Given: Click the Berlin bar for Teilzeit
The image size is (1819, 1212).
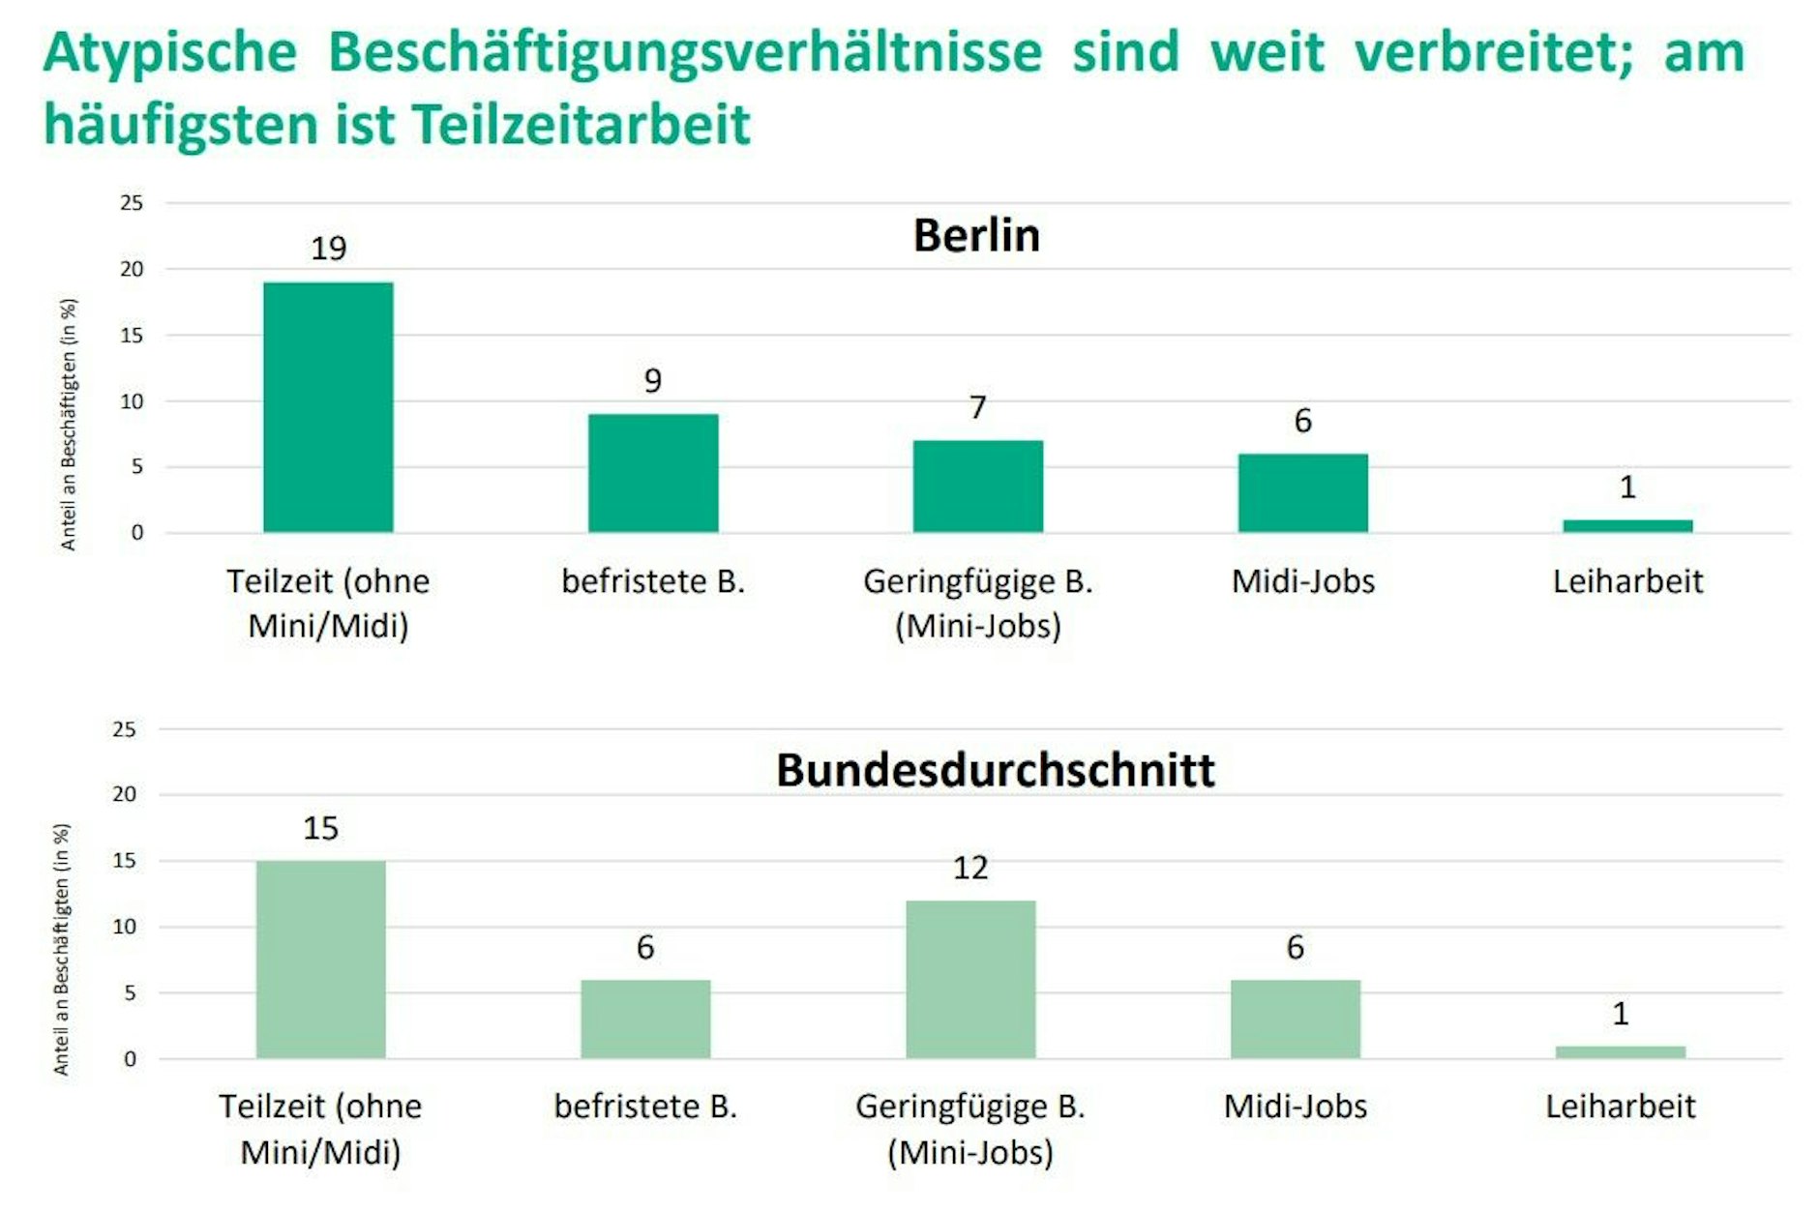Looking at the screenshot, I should [x=328, y=407].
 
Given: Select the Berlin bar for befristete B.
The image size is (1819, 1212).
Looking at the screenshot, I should [x=653, y=473].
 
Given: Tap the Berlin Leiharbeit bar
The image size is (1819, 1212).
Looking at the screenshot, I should [x=1627, y=525].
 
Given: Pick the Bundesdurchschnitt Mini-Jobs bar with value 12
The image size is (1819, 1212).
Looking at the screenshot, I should [x=970, y=979].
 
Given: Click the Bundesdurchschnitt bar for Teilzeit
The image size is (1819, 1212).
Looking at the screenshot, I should [x=320, y=960].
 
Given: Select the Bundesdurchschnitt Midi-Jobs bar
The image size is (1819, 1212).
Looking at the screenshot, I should [x=1295, y=1019].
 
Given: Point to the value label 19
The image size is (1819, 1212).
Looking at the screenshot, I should [x=328, y=249].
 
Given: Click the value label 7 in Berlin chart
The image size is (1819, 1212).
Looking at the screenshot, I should [x=978, y=407].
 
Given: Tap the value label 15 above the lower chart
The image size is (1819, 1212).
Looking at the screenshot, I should [x=320, y=828].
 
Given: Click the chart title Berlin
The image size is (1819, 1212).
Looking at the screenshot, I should [x=976, y=235].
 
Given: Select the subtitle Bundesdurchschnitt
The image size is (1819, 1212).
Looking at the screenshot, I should [x=995, y=770].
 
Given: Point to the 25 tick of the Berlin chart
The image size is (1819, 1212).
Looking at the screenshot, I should [x=132, y=203].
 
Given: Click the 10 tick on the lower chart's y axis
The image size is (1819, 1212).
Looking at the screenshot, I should [x=124, y=927].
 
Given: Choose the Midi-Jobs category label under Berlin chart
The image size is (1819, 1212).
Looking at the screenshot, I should [x=1302, y=581].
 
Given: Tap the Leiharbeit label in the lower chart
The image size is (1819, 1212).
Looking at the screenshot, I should [x=1620, y=1107].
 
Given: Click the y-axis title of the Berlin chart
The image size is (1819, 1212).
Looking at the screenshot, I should [x=69, y=424].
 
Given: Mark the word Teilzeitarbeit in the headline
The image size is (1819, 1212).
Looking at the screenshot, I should [x=581, y=125].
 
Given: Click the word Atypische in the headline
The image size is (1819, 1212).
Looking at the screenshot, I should [x=170, y=52].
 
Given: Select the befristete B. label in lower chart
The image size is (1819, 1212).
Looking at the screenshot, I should [x=645, y=1107].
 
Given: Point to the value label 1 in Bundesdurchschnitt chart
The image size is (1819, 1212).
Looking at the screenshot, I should [x=1620, y=1014].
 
